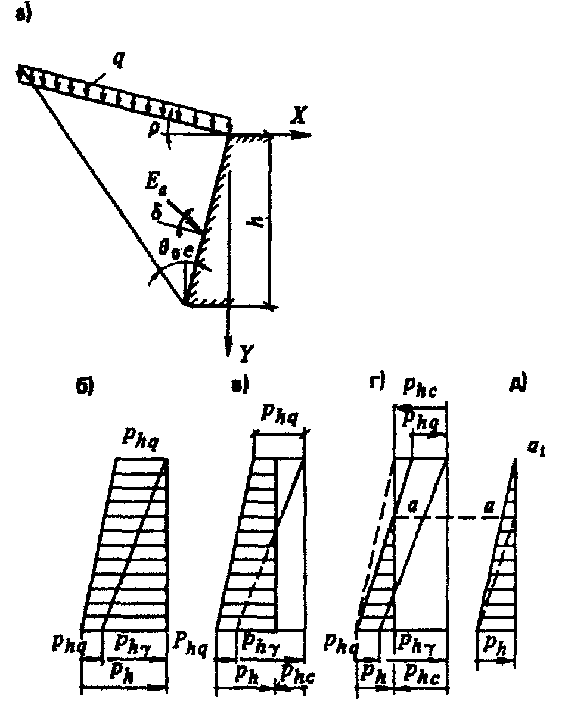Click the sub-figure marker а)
24,16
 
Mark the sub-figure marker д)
517,385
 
